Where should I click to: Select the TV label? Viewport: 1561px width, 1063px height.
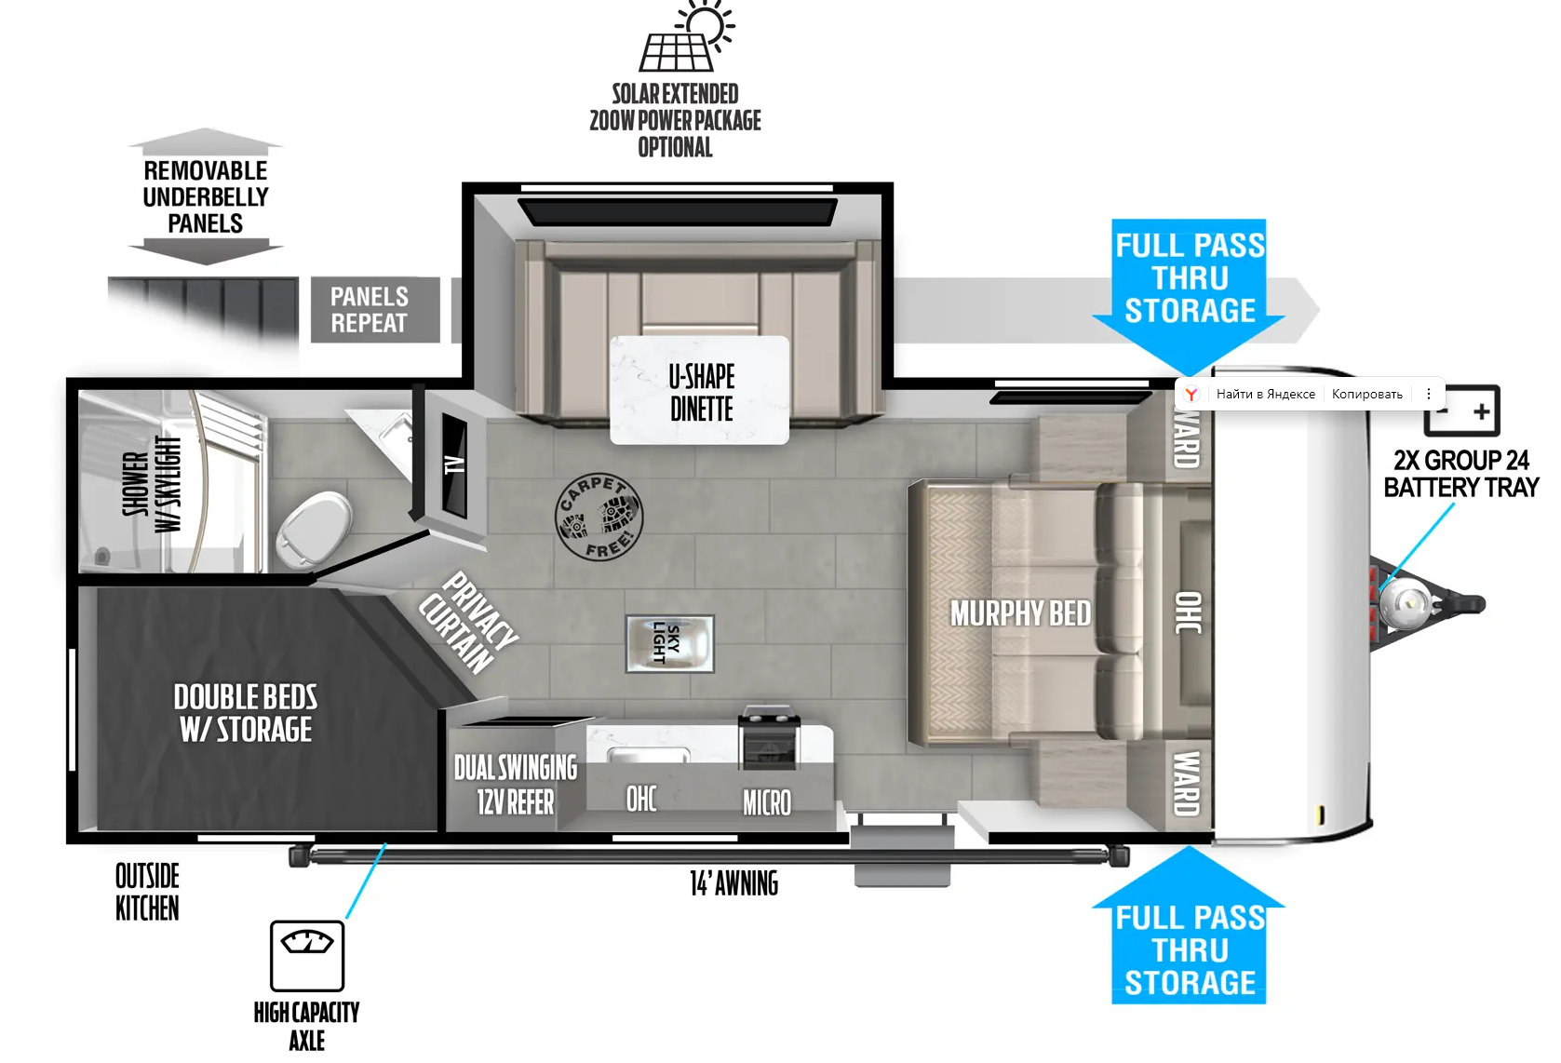coord(455,464)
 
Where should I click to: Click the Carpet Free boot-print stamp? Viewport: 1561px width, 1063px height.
coord(599,518)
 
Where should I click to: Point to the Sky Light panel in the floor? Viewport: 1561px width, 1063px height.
coord(669,643)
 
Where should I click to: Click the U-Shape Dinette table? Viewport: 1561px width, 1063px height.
coord(700,390)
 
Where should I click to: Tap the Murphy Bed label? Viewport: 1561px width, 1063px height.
coord(1020,614)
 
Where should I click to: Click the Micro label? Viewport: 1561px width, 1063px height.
coord(767,803)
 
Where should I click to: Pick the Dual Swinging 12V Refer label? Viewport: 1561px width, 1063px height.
coord(516,785)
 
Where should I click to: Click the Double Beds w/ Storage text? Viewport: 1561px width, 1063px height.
coord(246,713)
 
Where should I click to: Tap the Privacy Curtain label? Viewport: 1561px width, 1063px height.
coord(468,623)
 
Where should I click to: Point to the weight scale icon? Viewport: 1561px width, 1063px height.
coord(307,956)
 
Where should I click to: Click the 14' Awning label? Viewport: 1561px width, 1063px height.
coord(733,884)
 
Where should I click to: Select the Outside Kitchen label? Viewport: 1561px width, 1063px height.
coord(147,893)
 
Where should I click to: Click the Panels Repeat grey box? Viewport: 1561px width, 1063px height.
coord(375,309)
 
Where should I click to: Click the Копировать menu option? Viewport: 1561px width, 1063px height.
coord(1366,395)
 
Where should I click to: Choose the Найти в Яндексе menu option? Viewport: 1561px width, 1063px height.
coord(1266,395)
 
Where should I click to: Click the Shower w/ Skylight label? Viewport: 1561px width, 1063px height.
coord(151,484)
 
